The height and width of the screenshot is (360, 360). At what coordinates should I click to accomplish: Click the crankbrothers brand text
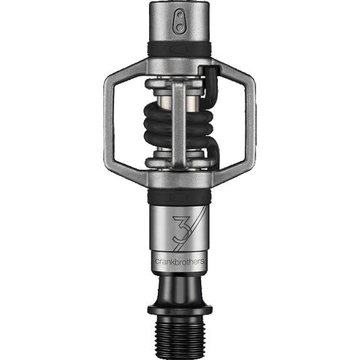coord(180,262)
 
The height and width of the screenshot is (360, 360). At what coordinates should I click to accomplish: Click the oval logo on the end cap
coord(180,21)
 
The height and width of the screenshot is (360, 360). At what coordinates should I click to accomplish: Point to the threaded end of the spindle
coord(180,337)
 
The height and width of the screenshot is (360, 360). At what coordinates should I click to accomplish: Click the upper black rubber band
coord(180,49)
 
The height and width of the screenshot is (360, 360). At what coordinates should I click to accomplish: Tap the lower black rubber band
coord(180,197)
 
